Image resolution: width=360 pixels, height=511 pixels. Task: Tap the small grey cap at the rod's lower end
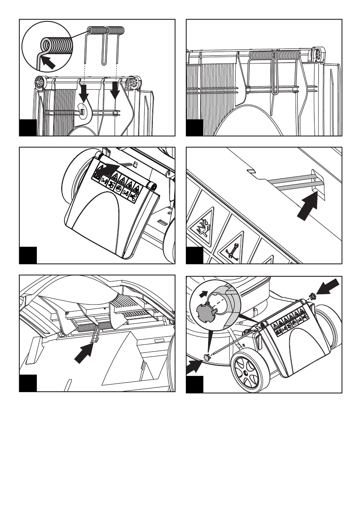click(x=206, y=356)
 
